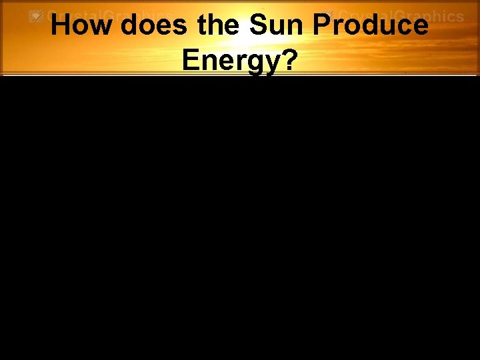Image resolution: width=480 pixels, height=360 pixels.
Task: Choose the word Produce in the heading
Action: coord(371,26)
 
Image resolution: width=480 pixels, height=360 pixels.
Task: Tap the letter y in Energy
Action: coord(269,63)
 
